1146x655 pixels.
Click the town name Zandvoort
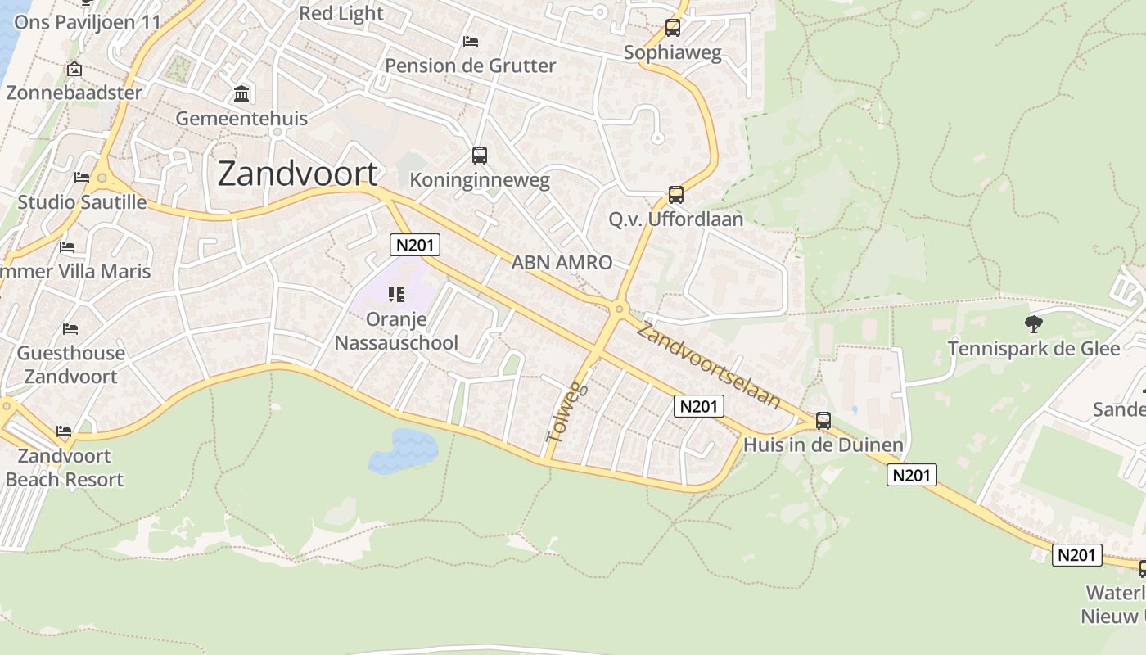299,174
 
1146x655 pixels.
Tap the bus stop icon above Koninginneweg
480,155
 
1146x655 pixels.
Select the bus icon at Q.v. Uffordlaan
676,195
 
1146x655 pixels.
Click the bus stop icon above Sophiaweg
673,28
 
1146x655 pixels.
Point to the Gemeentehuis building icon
241,93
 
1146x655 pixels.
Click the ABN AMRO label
562,263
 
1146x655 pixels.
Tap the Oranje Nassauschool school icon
397,295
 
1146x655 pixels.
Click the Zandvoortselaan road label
709,365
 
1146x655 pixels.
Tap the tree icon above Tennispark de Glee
1034,324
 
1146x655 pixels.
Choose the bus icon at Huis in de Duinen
823,421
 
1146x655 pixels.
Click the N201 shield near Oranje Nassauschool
415,244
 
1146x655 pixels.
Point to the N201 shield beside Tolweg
699,405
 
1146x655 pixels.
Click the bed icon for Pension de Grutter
471,41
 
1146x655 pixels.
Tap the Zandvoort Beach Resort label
64,468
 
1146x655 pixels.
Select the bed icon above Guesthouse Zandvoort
70,329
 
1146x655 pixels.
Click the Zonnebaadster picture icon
74,69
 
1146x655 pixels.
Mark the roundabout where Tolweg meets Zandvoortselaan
619,309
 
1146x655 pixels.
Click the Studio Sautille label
82,202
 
